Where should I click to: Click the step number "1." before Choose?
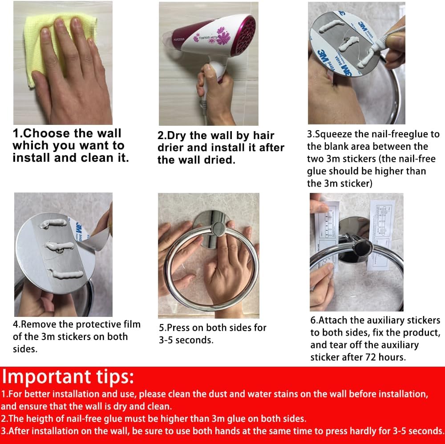point(17,133)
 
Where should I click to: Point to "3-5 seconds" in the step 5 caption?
point(185,340)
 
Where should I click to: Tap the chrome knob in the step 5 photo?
point(218,229)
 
